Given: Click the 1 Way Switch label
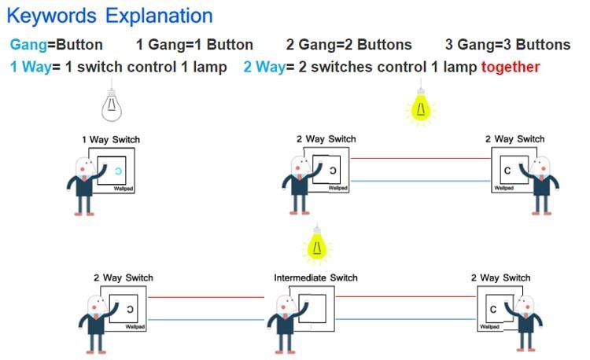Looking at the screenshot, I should click(111, 140).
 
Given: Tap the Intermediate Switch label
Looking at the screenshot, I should click(315, 277).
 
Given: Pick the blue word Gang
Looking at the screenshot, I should click(29, 45).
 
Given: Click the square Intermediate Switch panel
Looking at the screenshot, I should click(312, 308).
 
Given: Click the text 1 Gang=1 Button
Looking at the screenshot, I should click(194, 45).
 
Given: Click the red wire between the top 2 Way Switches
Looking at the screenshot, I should click(420, 158).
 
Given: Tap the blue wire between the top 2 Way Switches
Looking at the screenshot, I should click(420, 182).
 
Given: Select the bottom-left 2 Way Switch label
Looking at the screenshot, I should click(123, 278).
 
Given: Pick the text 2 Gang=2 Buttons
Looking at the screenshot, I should click(349, 45).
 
